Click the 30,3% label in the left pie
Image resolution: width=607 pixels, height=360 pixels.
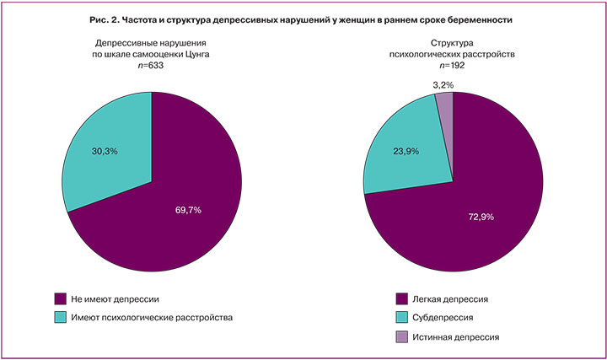(104, 151)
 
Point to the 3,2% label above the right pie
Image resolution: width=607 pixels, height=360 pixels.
(443, 84)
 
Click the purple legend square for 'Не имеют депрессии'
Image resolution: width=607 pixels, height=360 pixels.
(59, 298)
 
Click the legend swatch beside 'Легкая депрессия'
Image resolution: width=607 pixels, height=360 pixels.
(402, 298)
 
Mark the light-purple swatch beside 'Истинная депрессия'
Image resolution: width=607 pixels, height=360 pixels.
(402, 336)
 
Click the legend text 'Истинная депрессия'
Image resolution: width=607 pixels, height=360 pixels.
(459, 336)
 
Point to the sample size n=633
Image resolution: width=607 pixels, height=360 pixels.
(152, 65)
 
